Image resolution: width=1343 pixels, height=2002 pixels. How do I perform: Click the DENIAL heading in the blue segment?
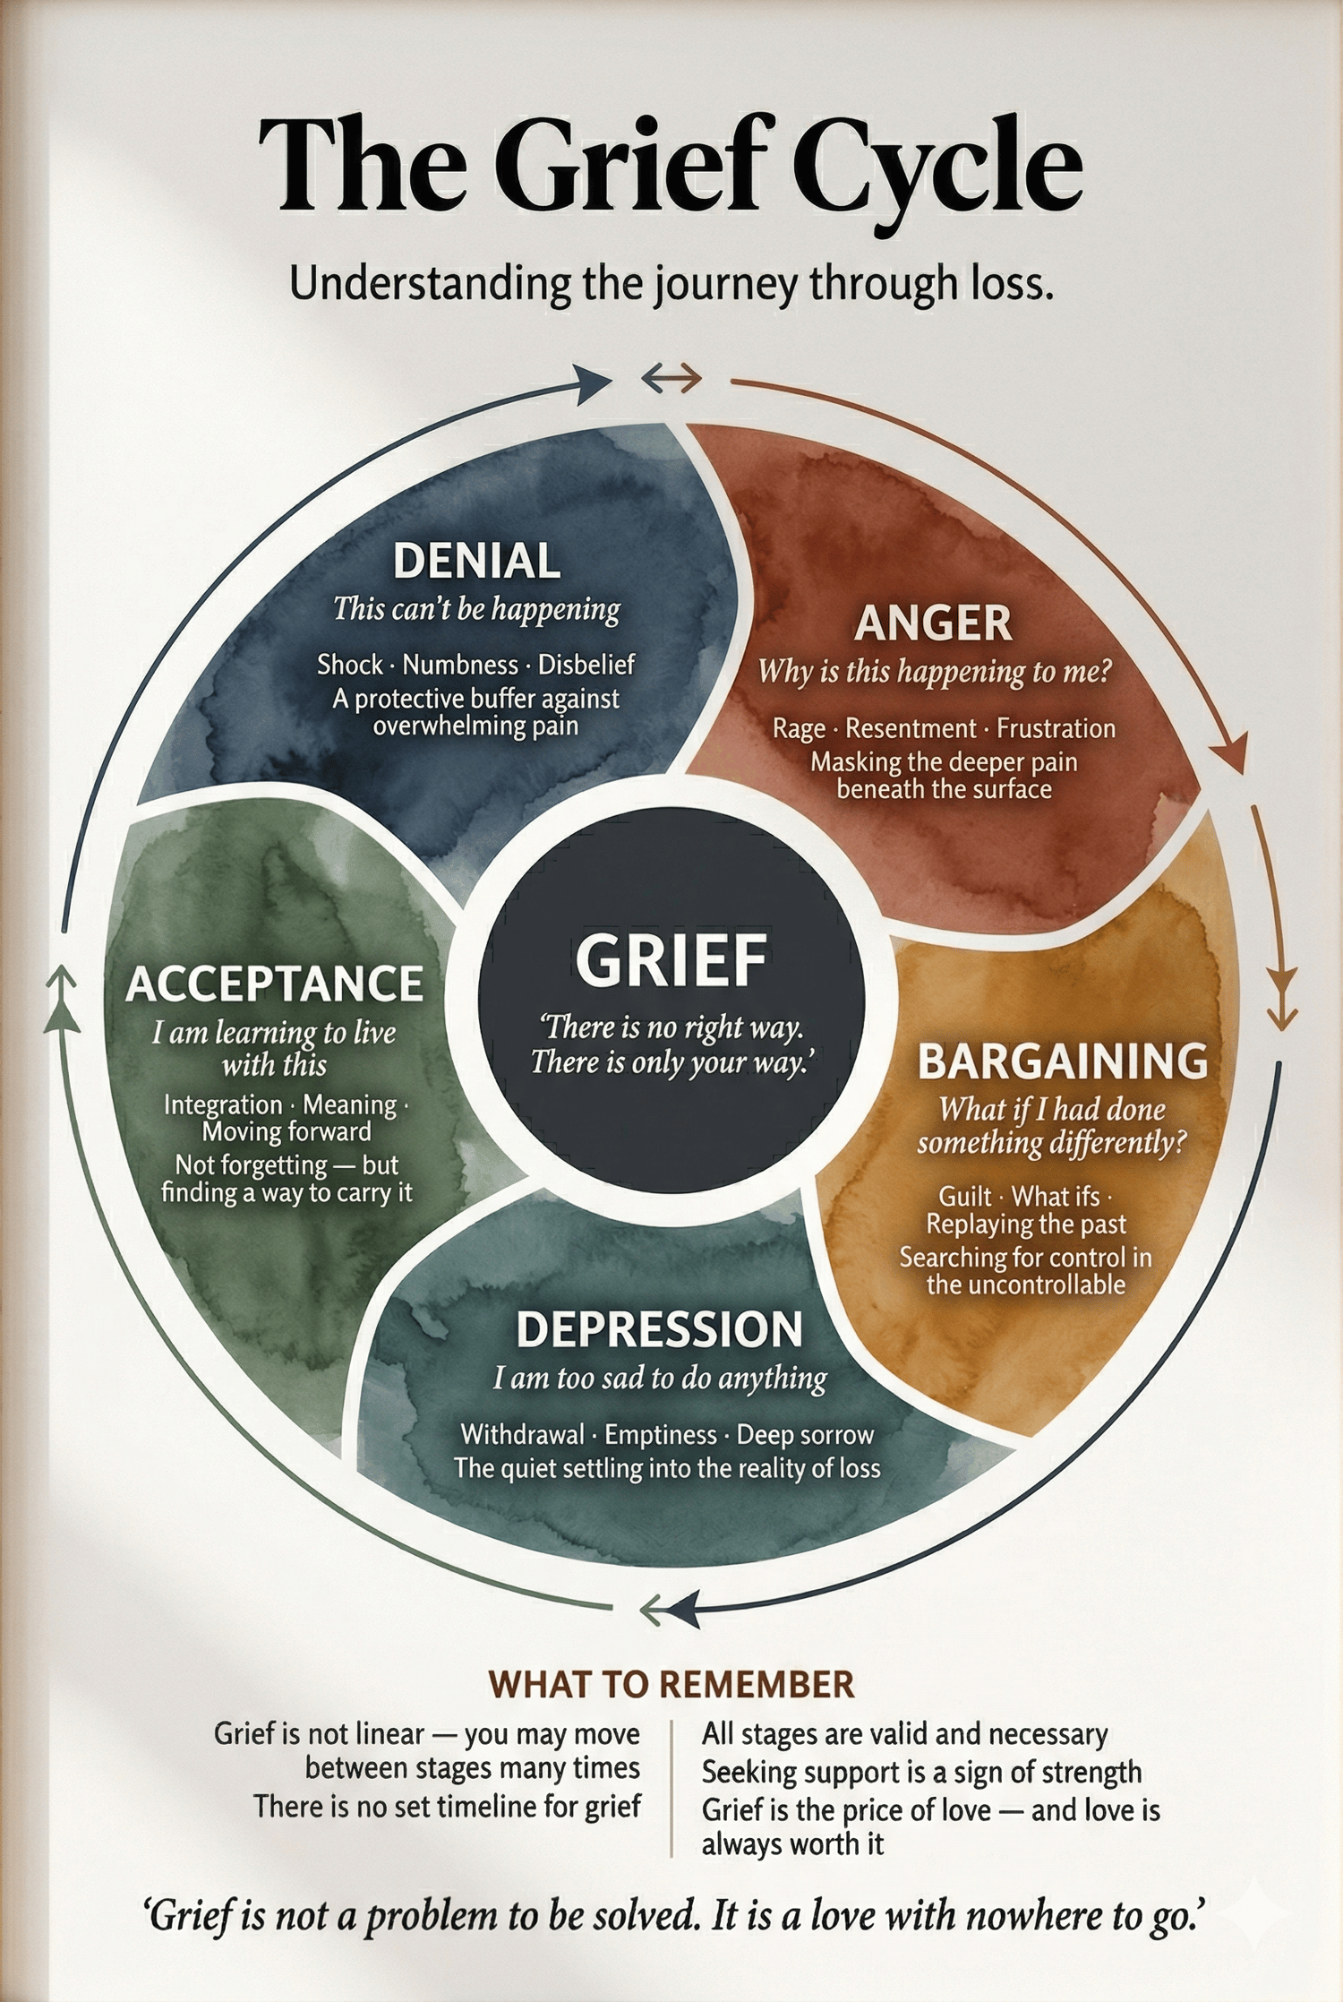(x=476, y=562)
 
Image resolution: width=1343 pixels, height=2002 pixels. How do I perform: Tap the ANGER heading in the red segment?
(x=933, y=623)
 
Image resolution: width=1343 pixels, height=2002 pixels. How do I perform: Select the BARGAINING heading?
(x=1063, y=1061)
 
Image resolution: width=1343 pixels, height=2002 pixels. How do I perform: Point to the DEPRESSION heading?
(x=659, y=1329)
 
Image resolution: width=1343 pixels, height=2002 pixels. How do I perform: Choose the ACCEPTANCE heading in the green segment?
(x=274, y=984)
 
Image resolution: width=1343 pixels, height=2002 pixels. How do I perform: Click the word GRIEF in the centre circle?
(x=671, y=960)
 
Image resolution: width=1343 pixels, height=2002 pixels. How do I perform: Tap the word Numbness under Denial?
(x=460, y=665)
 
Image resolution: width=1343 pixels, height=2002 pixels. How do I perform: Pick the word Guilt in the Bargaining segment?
(x=965, y=1197)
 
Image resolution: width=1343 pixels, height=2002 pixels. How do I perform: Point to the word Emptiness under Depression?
(x=661, y=1435)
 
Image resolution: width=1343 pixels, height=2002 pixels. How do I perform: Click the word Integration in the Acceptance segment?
(x=223, y=1105)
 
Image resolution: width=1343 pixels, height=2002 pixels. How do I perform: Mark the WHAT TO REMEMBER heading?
(x=671, y=1684)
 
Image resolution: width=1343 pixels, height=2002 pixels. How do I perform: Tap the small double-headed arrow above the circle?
(x=671, y=381)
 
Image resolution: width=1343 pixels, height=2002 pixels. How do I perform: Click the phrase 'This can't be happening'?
(x=476, y=609)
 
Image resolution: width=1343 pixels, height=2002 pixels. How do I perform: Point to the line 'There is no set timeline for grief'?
(x=447, y=1806)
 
